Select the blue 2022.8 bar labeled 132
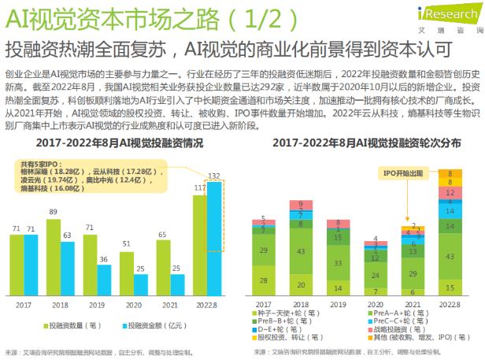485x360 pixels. click(213, 239)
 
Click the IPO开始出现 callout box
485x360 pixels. click(403, 172)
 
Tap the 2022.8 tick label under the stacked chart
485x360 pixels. click(450, 303)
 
